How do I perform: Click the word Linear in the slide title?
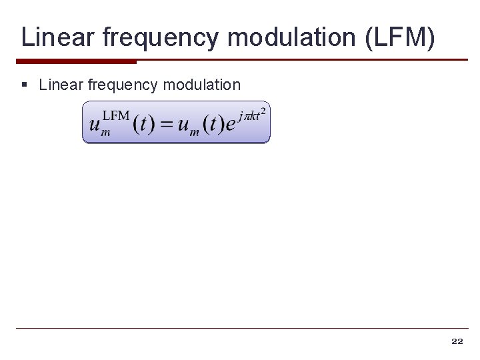point(58,37)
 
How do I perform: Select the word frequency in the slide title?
point(161,38)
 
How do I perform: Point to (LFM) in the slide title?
point(400,38)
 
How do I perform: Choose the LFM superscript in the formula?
point(115,115)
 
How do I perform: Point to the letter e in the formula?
point(230,125)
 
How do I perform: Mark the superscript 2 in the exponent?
point(263,110)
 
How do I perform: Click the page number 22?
point(457,341)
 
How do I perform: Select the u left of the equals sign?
point(95,125)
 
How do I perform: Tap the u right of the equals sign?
point(183,125)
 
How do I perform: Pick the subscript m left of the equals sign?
point(105,133)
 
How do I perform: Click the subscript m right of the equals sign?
point(194,133)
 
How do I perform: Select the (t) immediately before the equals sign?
point(145,125)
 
